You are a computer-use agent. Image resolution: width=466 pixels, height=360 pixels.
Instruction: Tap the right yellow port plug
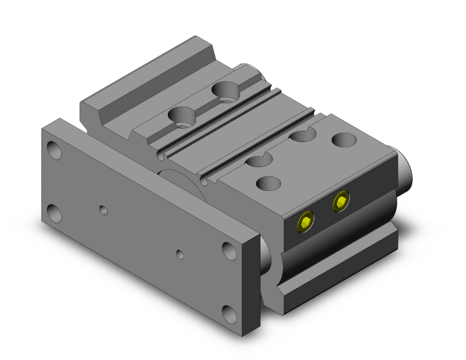(341, 201)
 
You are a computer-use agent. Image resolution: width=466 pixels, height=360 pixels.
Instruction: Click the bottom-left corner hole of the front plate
(56, 213)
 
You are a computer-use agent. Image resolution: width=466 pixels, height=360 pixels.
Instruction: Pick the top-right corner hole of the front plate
(228, 249)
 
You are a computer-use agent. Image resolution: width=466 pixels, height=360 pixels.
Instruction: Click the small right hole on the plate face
(180, 254)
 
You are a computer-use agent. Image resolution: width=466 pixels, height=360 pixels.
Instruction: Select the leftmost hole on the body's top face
(184, 116)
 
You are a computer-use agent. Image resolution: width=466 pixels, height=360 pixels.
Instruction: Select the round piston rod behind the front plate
(182, 182)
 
